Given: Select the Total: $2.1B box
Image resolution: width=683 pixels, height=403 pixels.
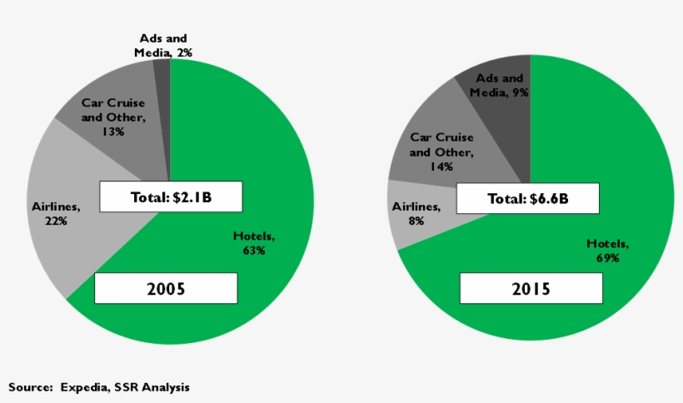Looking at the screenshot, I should [171, 197].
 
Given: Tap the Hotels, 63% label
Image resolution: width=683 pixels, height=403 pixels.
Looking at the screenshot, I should [254, 244].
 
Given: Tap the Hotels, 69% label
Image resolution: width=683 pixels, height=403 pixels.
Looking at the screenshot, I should [608, 251].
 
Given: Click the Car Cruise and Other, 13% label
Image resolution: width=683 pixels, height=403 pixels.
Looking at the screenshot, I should [113, 117].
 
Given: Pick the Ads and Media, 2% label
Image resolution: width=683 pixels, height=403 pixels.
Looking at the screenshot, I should [162, 46].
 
